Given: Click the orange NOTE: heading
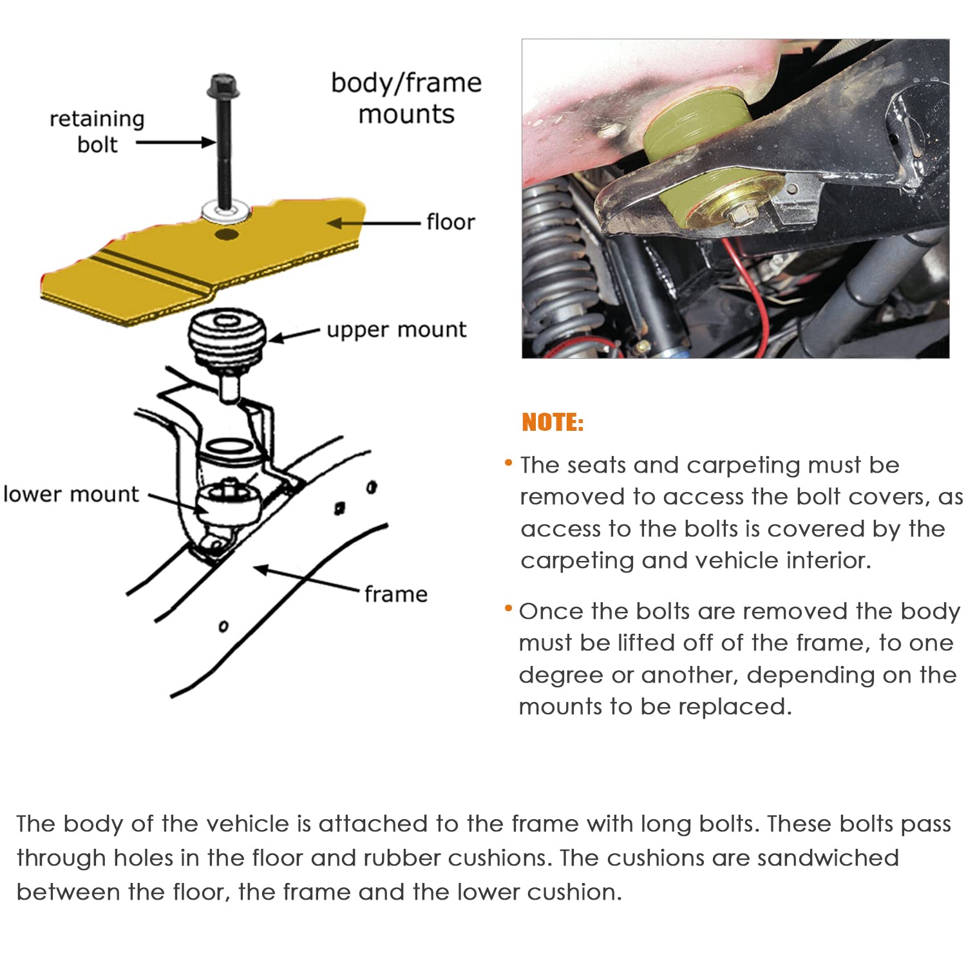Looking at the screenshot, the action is [552, 422].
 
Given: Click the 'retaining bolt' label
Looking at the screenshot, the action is [97, 131].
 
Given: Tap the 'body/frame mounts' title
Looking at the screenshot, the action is [406, 98].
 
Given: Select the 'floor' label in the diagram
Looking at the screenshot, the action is [450, 222].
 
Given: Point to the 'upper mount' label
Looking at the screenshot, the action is [396, 330].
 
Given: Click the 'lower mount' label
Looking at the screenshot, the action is [71, 494].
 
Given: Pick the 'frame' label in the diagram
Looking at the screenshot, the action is [395, 594].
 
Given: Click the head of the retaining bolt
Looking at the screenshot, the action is [224, 86].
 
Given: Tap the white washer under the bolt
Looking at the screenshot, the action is [225, 210].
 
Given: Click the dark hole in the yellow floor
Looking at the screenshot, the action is [226, 234].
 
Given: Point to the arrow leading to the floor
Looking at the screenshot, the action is [374, 223].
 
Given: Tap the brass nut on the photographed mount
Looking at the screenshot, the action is [741, 212].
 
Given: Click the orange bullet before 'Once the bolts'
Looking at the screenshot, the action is [508, 608].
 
